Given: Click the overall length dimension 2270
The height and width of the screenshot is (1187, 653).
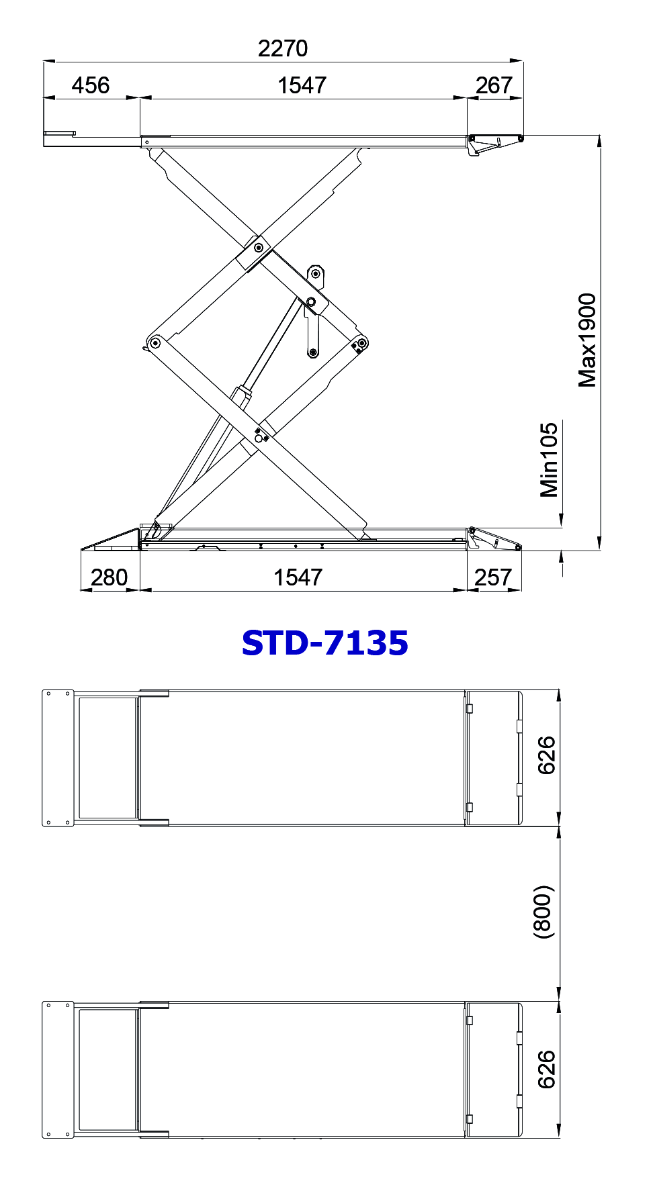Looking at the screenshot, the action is [x=283, y=48].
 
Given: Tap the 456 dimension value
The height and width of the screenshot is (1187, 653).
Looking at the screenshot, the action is [x=91, y=85].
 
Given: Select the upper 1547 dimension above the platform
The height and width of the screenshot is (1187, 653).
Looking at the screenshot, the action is [x=302, y=85].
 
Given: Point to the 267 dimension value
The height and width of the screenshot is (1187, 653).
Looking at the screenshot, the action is [x=494, y=85].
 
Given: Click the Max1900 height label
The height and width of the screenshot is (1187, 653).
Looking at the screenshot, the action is [x=587, y=340].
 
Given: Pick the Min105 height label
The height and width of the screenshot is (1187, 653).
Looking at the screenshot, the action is [x=550, y=460].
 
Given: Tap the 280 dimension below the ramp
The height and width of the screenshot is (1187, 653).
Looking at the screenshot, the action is [x=109, y=577].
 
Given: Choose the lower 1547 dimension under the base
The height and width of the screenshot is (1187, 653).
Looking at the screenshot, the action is [x=298, y=577].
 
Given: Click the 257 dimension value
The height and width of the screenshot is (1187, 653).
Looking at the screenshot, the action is [x=493, y=577].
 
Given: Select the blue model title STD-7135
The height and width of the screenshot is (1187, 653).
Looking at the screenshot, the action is [x=325, y=643].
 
